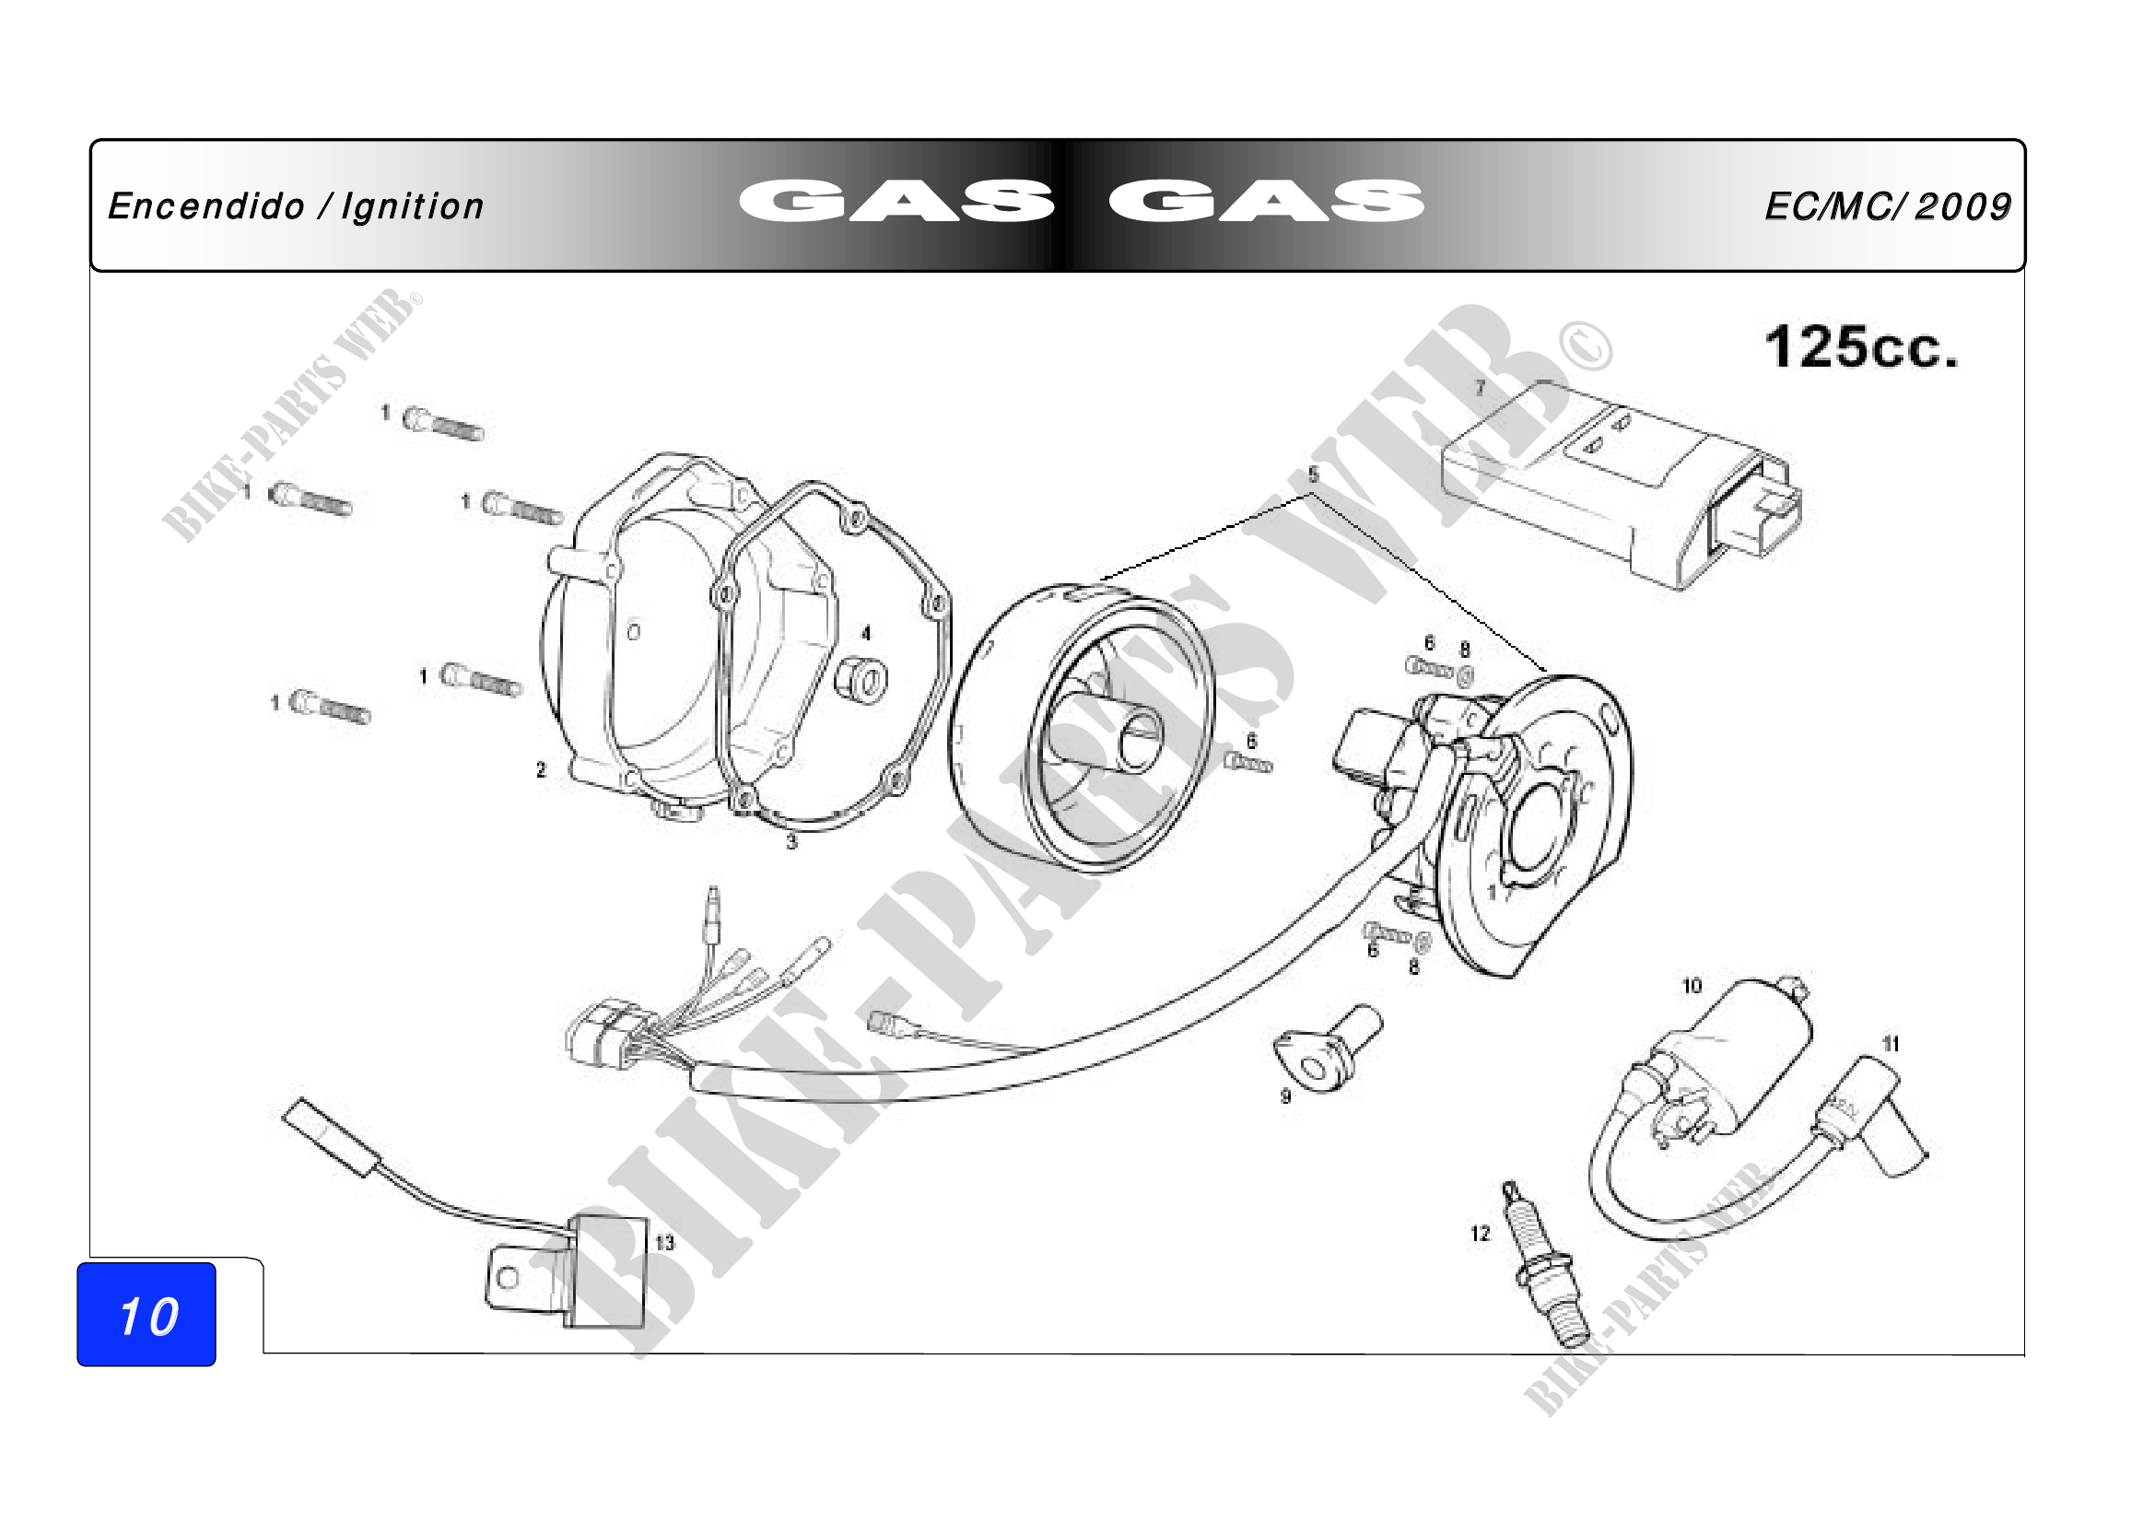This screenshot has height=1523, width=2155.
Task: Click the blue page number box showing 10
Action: pos(146,1314)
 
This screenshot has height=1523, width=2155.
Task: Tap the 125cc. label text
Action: pos(1862,348)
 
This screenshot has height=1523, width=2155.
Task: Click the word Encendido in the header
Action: pos(206,207)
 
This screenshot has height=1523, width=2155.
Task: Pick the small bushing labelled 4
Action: pos(861,678)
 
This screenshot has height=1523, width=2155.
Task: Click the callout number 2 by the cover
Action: pos(541,770)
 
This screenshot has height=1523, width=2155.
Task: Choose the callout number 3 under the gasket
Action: pos(791,843)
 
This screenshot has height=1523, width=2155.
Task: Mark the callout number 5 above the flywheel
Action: pos(1313,474)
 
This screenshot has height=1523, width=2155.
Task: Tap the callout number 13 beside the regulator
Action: pos(664,1243)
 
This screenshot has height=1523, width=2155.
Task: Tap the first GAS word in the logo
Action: pos(896,202)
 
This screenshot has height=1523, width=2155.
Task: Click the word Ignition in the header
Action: pos(413,207)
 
